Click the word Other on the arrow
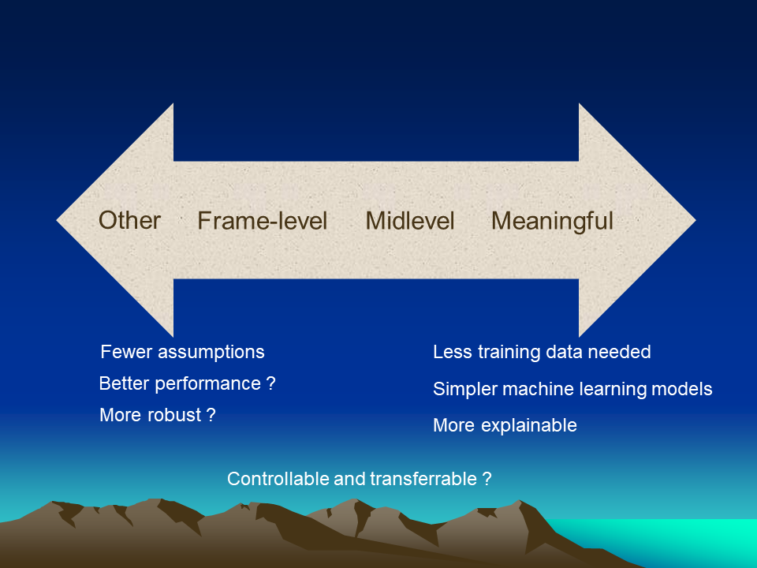point(129,220)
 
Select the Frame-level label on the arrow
point(262,221)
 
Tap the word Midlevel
point(410,221)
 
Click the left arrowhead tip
point(57,220)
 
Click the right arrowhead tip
point(695,220)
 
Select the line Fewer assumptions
point(182,352)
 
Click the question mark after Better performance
point(270,383)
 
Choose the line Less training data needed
point(542,352)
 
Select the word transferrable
point(423,479)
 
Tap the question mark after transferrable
point(487,479)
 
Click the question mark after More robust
point(211,415)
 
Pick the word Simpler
point(465,389)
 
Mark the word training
point(509,353)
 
